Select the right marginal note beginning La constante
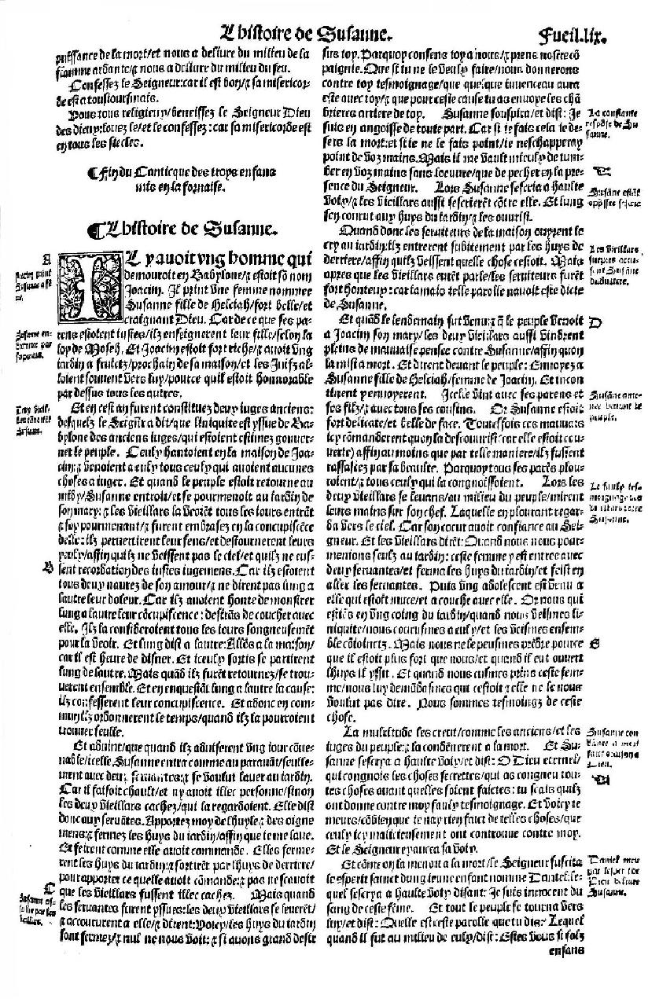(x=610, y=123)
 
